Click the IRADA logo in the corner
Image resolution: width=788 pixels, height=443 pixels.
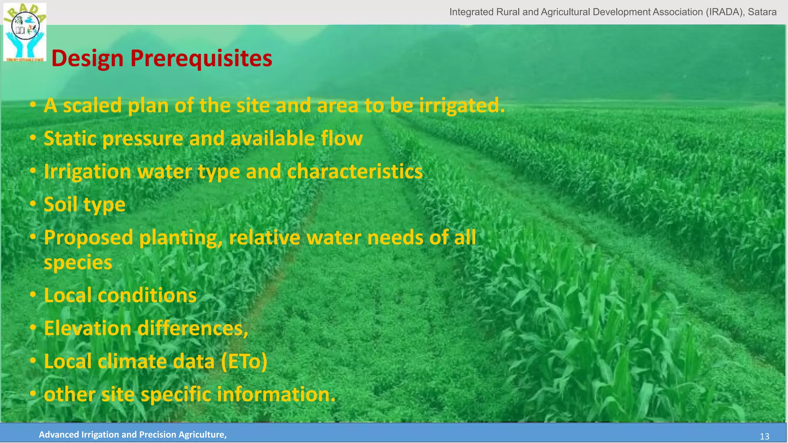click(25, 32)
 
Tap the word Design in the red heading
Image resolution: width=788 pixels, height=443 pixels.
click(87, 58)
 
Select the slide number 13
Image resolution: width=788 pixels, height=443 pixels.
click(764, 436)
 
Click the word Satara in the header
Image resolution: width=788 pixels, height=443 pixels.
click(762, 12)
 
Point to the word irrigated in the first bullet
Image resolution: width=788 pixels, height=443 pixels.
click(461, 106)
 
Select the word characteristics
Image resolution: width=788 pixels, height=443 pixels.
click(355, 172)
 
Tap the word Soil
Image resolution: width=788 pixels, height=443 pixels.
click(60, 204)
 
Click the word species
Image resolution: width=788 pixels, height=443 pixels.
click(78, 263)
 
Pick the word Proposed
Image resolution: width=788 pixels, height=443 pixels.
click(88, 238)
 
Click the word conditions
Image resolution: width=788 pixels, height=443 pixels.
click(147, 296)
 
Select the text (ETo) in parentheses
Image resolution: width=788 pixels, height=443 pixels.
click(244, 362)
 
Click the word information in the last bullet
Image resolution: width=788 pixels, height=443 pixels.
click(276, 395)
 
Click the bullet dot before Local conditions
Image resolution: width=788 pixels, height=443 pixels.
click(33, 295)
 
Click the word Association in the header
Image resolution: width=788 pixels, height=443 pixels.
click(678, 12)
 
